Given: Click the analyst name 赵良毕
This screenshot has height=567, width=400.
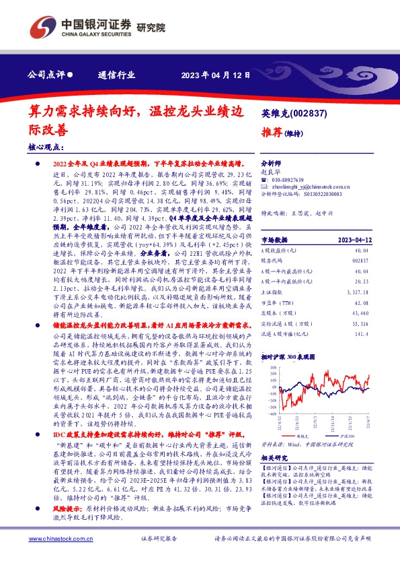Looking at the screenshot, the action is (269, 172).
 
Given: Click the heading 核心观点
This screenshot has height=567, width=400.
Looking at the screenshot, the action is (46, 146).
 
